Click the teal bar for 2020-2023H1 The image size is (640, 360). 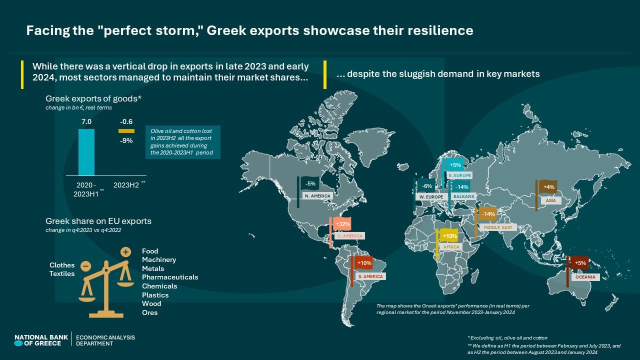coord(86,152)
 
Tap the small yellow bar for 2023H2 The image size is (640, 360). coord(126,131)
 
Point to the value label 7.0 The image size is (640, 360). coord(86,121)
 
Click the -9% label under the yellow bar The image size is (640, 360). coord(126,140)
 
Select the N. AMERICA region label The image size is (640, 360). coord(318,196)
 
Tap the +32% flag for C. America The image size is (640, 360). coord(343,224)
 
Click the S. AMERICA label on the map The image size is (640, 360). coord(370,276)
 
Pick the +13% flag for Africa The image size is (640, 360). coord(449,236)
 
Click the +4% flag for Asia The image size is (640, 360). coord(548,187)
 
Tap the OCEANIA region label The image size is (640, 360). coord(586,277)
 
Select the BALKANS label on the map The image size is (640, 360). coord(463,196)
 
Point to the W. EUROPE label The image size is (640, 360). coord(431,196)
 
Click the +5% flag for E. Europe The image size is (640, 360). coord(455,165)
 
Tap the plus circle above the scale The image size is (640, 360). coord(126,252)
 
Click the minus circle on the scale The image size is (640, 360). coord(85,266)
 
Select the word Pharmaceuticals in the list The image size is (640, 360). coord(170,277)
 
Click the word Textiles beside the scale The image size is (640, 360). coord(62,273)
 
